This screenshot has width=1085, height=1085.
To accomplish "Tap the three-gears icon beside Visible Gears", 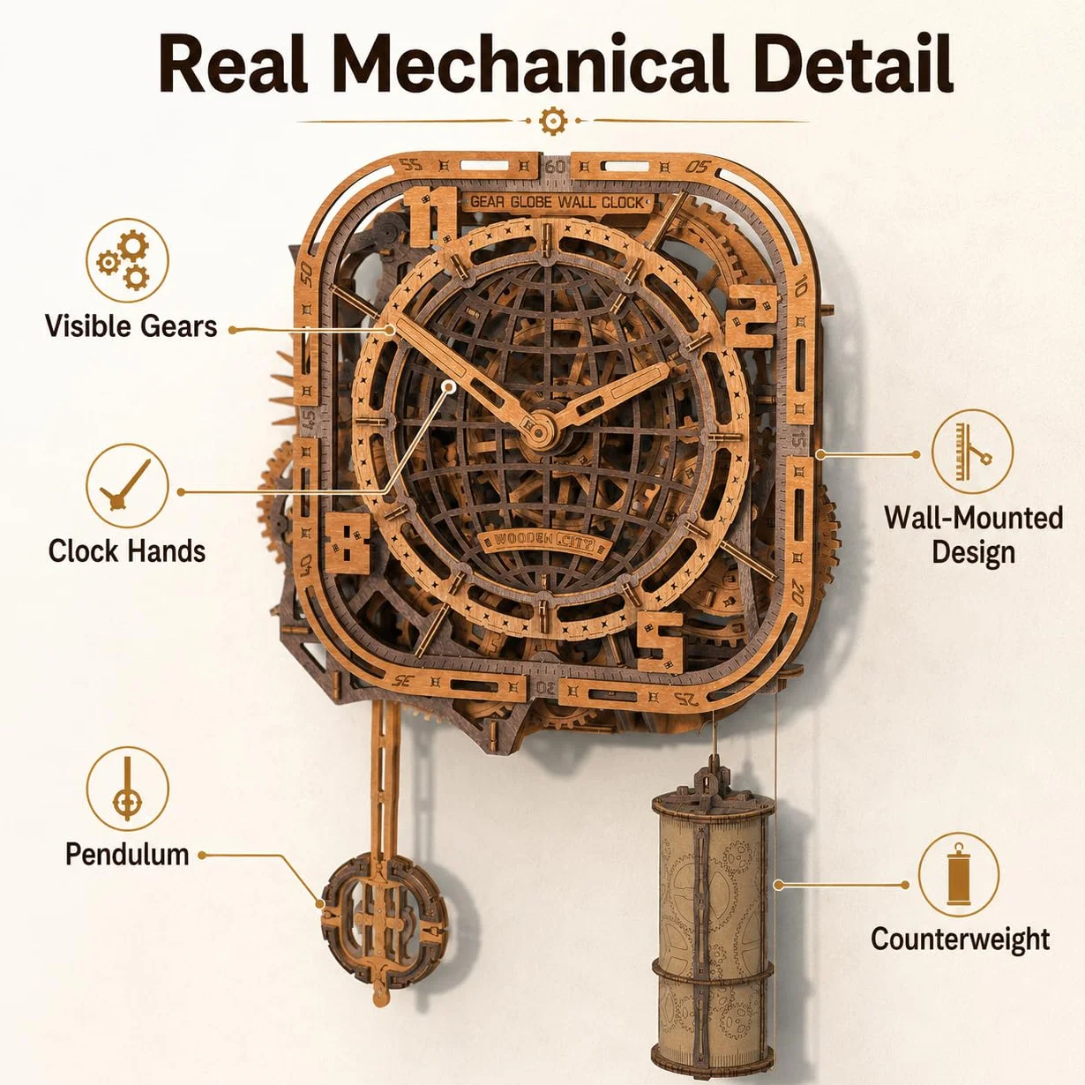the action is [x=127, y=260].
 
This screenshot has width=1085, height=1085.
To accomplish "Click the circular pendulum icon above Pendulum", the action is [x=127, y=789].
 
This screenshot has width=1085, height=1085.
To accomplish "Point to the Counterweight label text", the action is [x=960, y=939].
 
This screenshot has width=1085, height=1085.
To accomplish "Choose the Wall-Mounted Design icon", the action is [x=972, y=453].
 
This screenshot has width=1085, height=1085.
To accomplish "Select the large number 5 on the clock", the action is [x=661, y=642].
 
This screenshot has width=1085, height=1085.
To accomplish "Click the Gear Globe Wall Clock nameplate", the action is [x=557, y=202].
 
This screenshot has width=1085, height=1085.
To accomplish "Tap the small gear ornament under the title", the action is [x=552, y=121].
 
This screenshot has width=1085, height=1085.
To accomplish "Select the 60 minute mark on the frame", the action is [x=555, y=167].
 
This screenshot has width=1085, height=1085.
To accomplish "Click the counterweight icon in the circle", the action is [x=958, y=874].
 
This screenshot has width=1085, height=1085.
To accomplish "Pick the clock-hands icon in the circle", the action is [x=127, y=485].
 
